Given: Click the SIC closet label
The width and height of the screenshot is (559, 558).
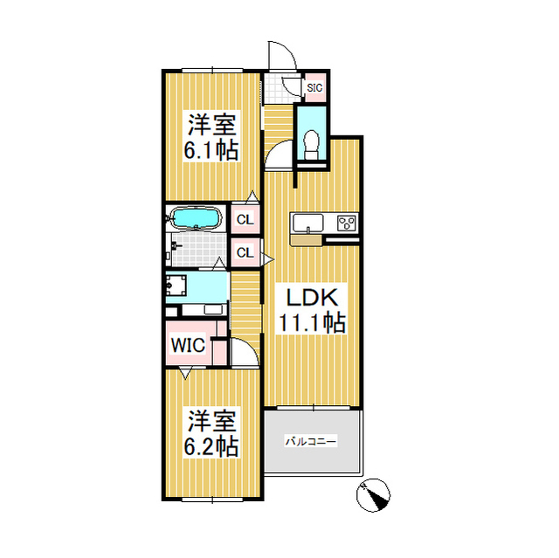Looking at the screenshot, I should point(314,86).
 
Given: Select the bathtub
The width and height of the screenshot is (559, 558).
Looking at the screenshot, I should point(196,217).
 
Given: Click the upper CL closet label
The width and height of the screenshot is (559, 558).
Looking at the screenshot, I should point(245,219).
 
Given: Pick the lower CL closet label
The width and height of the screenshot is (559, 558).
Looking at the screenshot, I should point(245,253).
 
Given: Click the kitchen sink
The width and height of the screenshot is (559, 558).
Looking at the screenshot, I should point(308,223).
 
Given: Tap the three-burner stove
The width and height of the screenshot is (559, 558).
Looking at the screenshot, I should point(347,223).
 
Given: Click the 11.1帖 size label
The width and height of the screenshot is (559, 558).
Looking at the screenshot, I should point(311,322).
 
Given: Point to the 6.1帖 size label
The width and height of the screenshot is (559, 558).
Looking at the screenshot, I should point(210,149).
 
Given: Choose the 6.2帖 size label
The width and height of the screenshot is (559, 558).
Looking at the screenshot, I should point(210,446).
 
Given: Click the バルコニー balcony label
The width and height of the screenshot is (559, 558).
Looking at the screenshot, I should point(310,443).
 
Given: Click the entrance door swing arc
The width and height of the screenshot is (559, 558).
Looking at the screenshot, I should point(281,54).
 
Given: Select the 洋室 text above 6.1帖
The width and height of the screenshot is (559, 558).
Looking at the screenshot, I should point(210,123).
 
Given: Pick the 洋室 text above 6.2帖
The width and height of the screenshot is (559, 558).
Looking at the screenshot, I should point(210,422).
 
